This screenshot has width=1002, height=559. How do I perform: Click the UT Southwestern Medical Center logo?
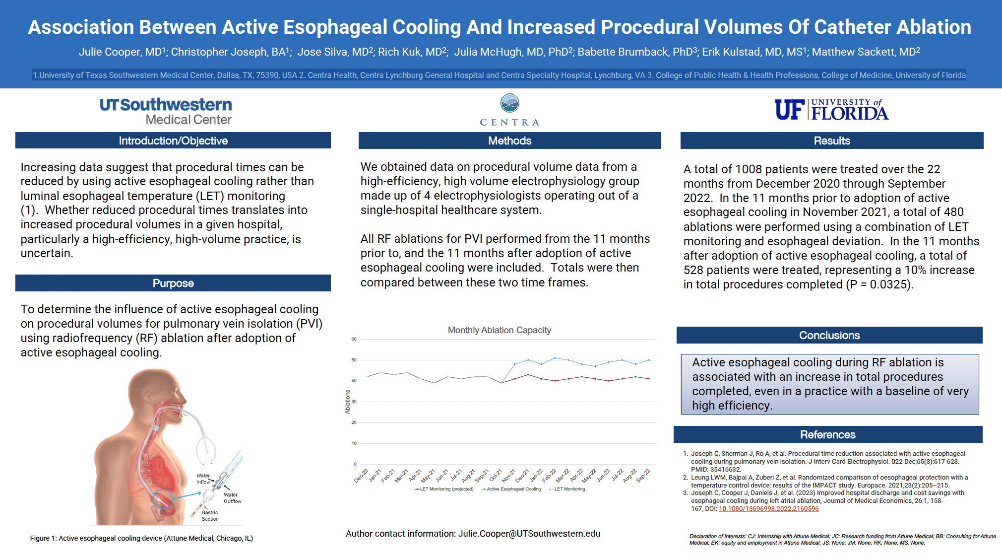(x=166, y=111)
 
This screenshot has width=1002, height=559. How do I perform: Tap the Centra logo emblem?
(x=509, y=103)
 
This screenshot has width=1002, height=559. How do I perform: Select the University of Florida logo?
(x=831, y=110)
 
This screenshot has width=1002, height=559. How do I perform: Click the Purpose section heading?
(x=173, y=283)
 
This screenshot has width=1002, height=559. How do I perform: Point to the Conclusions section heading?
(x=829, y=335)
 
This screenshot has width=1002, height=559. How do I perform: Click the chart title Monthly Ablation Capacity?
(x=499, y=330)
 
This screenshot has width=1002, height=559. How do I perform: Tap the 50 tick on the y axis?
(x=354, y=360)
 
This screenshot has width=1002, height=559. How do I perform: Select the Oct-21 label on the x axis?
(x=496, y=476)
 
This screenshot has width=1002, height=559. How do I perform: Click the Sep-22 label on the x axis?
(x=643, y=476)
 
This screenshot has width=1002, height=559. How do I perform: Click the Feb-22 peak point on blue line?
(x=555, y=358)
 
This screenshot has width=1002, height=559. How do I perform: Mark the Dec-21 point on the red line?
(x=528, y=375)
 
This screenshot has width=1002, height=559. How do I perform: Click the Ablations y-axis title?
(x=347, y=402)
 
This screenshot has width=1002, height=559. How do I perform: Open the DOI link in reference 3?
(x=768, y=509)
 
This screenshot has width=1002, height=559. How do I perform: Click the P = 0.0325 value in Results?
(x=879, y=284)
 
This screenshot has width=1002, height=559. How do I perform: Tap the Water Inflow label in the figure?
(x=203, y=479)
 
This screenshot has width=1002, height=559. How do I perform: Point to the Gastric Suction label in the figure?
(x=210, y=515)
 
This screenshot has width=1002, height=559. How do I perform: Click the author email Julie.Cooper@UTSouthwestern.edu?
(x=529, y=534)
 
